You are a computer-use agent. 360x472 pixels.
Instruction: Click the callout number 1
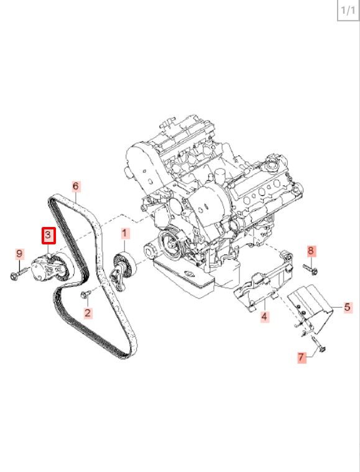125,233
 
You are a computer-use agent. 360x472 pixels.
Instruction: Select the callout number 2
87,313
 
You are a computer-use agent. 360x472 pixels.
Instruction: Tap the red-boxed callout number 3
48,236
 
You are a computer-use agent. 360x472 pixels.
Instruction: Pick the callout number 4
264,317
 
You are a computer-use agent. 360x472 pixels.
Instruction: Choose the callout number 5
348,307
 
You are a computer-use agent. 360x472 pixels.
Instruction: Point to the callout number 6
76,187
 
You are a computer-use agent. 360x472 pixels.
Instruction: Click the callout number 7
302,358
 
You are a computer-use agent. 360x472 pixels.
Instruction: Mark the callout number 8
311,251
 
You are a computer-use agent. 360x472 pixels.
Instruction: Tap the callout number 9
19,254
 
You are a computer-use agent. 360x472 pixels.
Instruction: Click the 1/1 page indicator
348,11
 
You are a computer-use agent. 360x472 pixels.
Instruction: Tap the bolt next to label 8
310,269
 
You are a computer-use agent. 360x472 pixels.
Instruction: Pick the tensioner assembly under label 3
51,268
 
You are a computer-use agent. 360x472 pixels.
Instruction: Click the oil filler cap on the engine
274,165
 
